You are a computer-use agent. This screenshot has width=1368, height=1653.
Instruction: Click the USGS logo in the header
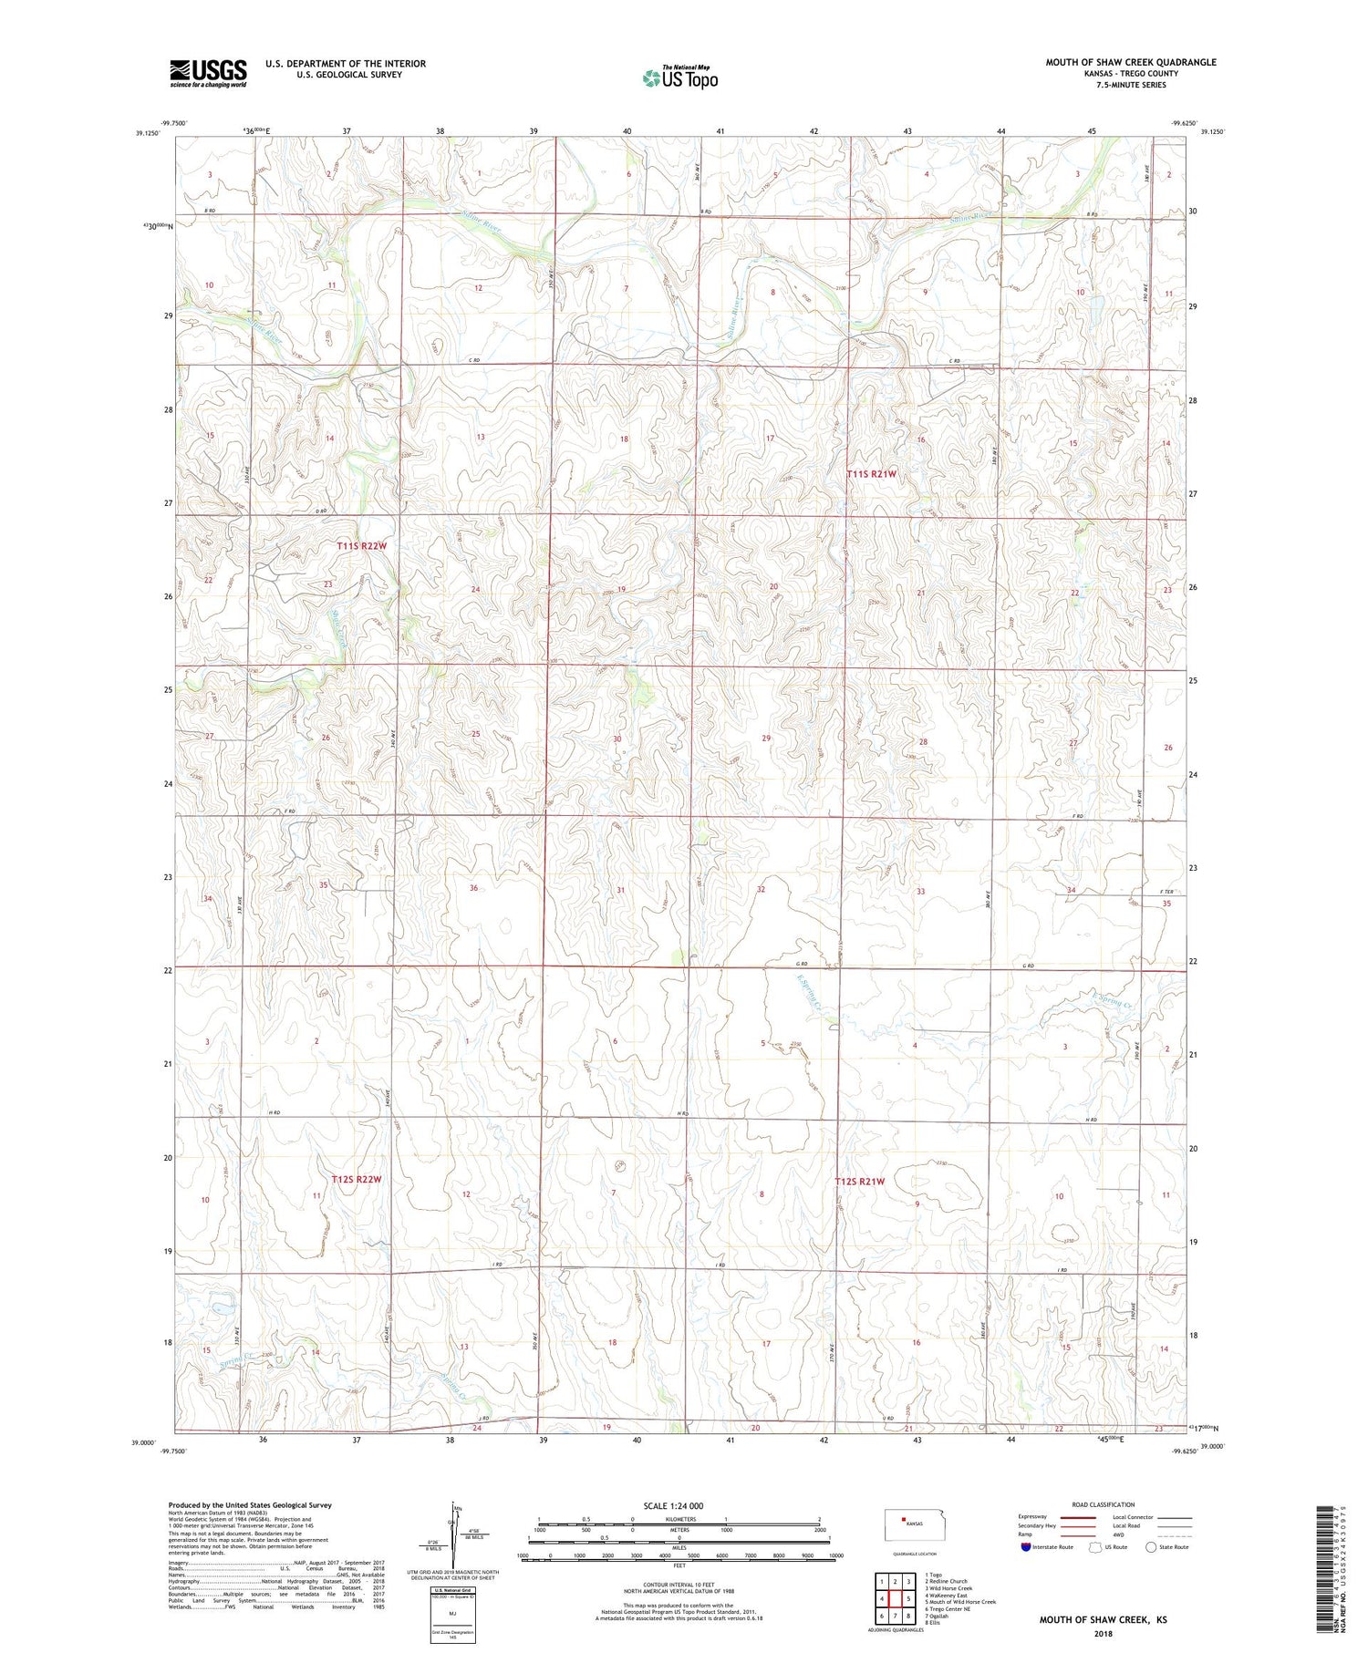208,73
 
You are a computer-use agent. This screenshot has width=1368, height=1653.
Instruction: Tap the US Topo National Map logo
680,77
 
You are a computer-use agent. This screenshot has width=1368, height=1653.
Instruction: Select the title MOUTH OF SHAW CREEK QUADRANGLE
1131,62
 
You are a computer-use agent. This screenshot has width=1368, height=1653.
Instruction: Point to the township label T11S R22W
361,546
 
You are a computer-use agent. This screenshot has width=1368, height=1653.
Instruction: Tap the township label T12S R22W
356,1179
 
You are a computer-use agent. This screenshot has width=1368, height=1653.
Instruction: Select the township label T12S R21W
860,1182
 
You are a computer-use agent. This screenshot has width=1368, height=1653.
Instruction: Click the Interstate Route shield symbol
1026,1547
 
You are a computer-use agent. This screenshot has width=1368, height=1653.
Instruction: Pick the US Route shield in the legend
1096,1547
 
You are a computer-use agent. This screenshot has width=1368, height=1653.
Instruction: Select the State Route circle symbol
1151,1547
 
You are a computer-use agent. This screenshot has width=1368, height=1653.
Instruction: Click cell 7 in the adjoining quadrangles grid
896,1617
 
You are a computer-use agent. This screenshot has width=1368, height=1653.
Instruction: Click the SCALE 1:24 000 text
673,1505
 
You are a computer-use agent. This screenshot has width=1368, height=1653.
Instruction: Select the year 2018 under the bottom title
1103,1633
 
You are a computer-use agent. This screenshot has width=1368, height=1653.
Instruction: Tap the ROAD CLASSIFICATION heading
1104,1504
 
